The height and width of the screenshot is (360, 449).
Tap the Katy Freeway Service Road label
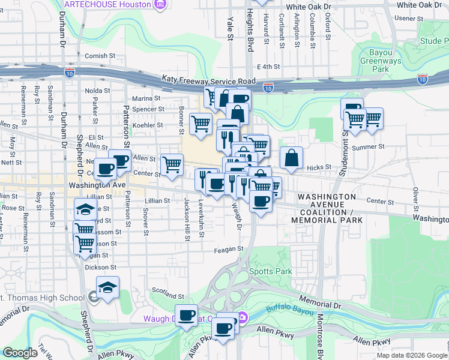[208, 80]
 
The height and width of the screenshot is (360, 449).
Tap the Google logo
[20, 353]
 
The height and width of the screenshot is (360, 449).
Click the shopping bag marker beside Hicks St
[291, 158]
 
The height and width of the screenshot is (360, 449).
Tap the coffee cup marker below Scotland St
[187, 315]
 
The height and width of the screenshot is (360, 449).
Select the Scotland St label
[169, 296]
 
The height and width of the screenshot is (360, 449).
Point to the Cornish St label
[100, 56]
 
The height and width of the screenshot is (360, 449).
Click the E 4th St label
[268, 67]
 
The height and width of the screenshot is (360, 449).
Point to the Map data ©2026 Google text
[411, 355]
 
